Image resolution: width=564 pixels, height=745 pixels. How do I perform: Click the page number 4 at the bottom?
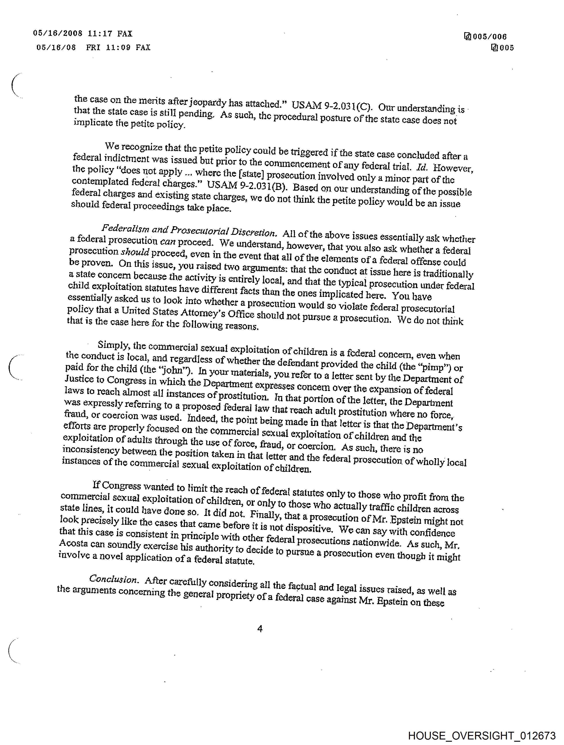click(x=260, y=628)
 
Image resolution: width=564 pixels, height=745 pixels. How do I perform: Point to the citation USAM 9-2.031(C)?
click(x=332, y=106)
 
